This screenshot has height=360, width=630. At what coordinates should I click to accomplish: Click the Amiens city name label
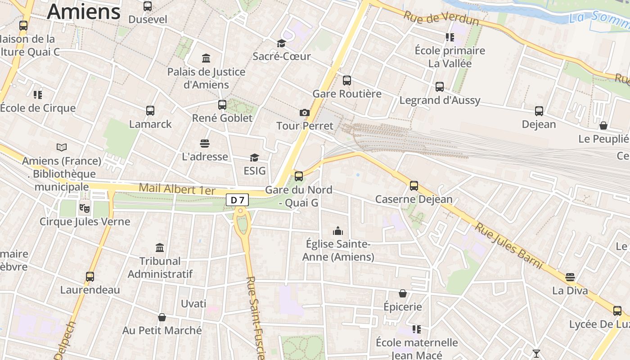pos(84,11)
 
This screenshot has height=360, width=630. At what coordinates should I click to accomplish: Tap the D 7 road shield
pos(237,200)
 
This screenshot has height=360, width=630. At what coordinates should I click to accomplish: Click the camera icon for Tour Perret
pos(305,112)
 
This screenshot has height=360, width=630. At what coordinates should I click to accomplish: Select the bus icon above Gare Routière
pos(346,81)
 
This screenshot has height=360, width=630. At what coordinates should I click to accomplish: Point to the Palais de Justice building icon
pos(206,58)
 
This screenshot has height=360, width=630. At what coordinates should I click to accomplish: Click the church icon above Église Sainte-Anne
pos(337,231)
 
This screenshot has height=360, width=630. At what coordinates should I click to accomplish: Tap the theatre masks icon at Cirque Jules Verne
pos(84,208)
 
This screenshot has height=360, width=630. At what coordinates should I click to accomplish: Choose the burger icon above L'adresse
pos(205,144)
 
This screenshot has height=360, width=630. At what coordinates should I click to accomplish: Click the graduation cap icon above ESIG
pos(254,157)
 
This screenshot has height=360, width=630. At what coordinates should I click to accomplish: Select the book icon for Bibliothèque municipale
pos(62,147)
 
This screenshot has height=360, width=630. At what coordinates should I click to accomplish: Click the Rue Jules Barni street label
pos(509,246)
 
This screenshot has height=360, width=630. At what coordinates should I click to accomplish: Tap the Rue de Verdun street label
pos(441,18)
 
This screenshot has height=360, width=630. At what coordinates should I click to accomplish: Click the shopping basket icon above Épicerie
pos(403,293)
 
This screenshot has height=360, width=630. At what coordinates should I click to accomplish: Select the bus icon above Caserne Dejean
pos(414,185)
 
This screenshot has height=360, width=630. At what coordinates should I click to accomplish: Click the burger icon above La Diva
pos(570,277)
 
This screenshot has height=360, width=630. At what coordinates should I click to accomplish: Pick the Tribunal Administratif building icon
pos(160,247)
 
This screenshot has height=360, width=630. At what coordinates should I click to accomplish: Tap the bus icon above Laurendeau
pos(90,276)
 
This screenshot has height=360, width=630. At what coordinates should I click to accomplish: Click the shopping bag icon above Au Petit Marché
pos(162,317)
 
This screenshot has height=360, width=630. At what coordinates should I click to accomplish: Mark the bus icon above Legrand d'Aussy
pos(440,87)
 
